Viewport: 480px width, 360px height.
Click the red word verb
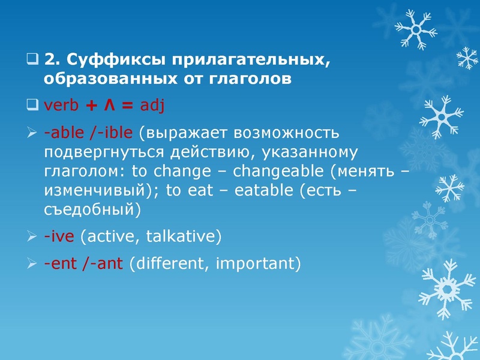tap(62, 106)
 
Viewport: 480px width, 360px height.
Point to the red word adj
tap(152, 106)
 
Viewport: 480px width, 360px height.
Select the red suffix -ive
tap(59, 236)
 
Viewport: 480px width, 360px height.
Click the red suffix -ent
tap(61, 263)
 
